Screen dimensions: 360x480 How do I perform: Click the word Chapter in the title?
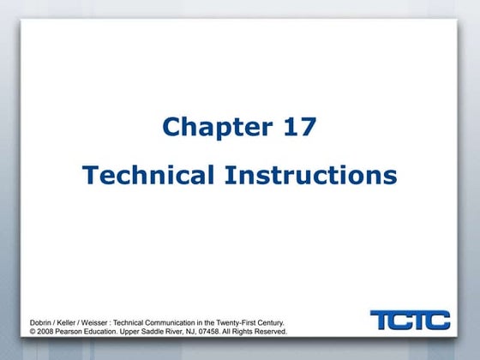pyautogui.click(x=215, y=128)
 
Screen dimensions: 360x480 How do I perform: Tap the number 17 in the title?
pyautogui.click(x=297, y=128)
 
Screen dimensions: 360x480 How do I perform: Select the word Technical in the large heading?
pyautogui.click(x=147, y=176)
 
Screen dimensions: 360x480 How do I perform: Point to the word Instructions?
pyautogui.click(x=311, y=176)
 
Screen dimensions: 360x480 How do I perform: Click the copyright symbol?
pyautogui.click(x=33, y=330)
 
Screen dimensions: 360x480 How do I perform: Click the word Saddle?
pyautogui.click(x=159, y=330)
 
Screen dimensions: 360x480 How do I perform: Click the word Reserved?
pyautogui.click(x=270, y=330)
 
